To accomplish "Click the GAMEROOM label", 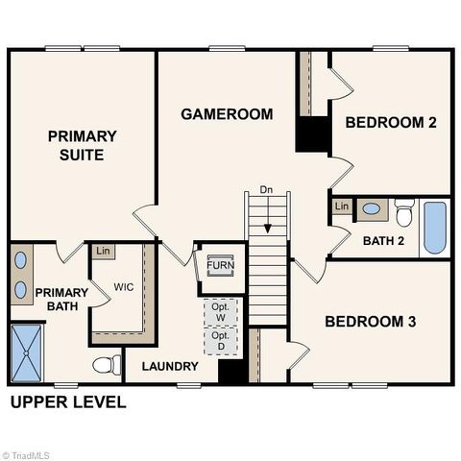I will [x=227, y=113].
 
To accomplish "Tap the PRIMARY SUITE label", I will [x=83, y=145].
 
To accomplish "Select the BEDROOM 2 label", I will [x=391, y=122].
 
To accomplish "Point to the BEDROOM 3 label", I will [x=370, y=322].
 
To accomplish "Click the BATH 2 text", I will [x=382, y=240].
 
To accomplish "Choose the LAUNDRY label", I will [x=170, y=366].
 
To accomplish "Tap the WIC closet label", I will [x=124, y=287].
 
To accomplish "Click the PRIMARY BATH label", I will [x=61, y=300].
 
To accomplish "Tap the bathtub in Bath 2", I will [x=435, y=227].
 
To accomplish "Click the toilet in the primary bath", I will [x=107, y=365].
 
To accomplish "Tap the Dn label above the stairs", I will [x=267, y=189].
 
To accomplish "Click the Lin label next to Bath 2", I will [x=341, y=206].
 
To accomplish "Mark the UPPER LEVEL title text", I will [x=67, y=402].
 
